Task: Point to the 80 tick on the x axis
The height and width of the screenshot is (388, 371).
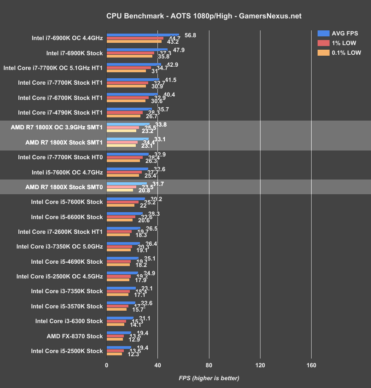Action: [x=209, y=365]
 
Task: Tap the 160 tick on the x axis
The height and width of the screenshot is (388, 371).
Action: [x=311, y=365]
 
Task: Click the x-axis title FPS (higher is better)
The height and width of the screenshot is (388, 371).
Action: [x=209, y=378]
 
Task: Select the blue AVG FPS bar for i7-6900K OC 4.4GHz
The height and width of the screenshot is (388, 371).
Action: [x=143, y=35]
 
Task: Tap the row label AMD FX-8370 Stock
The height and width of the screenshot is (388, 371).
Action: [x=75, y=336]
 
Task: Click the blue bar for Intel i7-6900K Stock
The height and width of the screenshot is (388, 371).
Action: [x=137, y=49]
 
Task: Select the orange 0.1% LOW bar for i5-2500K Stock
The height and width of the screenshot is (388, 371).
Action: [x=115, y=354]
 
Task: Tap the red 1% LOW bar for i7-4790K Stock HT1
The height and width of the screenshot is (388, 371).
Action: [x=125, y=112]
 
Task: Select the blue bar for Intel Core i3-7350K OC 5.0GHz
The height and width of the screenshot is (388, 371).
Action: [x=123, y=243]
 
